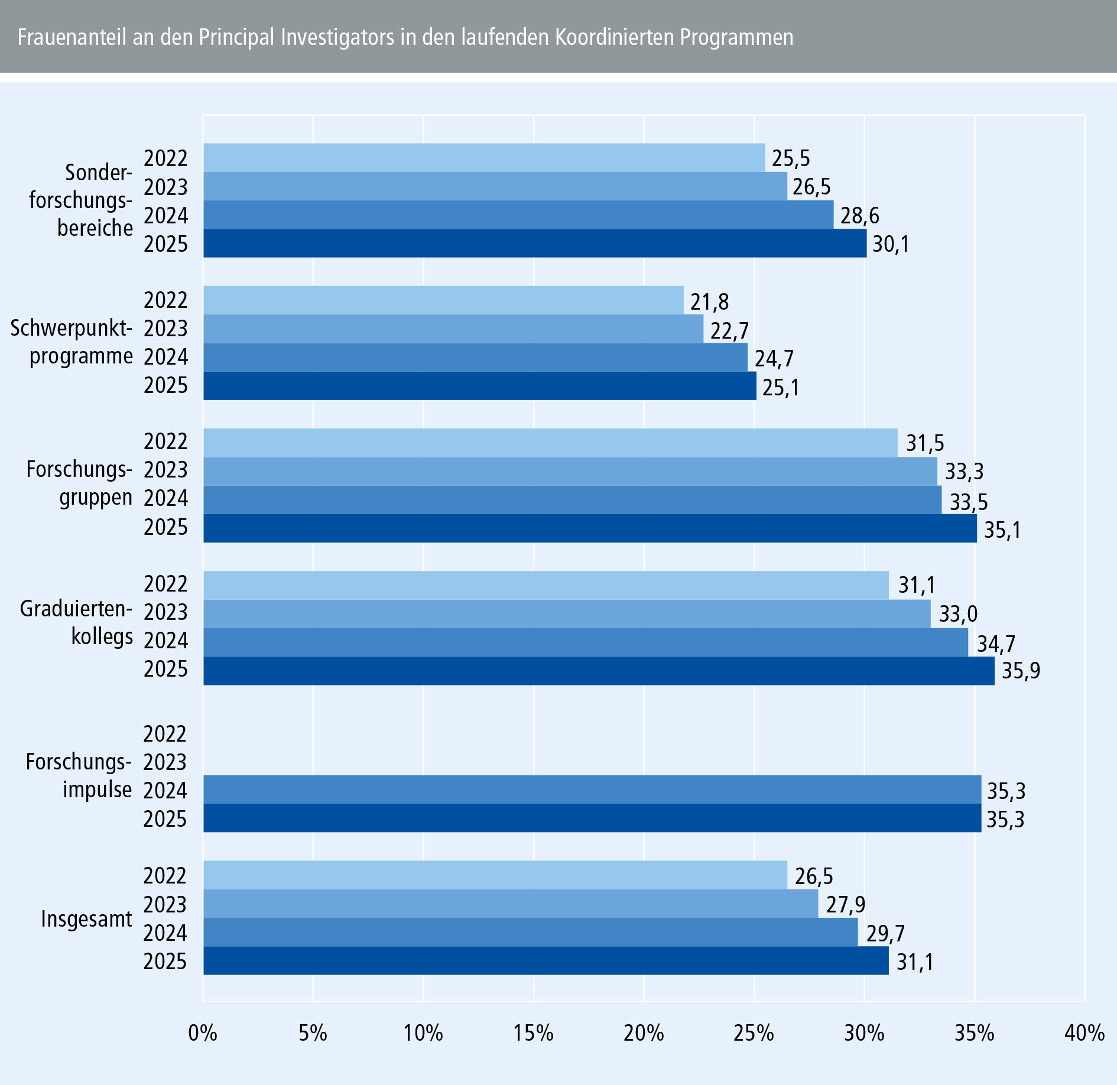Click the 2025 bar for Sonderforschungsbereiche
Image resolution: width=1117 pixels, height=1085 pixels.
(535, 243)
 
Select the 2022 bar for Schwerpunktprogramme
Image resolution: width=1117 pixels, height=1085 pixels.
(443, 300)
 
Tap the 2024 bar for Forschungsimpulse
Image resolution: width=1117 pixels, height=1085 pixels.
(592, 790)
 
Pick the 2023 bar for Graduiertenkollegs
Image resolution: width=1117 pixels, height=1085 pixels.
(567, 614)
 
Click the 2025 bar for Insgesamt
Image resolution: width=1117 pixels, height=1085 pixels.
(546, 961)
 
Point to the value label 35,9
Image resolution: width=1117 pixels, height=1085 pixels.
(1021, 671)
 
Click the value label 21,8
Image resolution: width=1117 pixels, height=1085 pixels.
(709, 302)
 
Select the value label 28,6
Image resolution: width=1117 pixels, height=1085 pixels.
(860, 216)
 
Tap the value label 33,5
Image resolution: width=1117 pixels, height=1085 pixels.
(969, 502)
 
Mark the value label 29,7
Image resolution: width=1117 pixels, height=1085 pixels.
(885, 933)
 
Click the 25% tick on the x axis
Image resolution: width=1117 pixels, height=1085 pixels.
(754, 1033)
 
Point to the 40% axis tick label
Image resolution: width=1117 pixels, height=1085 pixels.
(1084, 1033)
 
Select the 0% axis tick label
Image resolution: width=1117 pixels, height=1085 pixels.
(203, 1033)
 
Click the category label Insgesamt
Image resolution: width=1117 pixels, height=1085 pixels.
(86, 919)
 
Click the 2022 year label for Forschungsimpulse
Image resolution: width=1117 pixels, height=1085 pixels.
(165, 734)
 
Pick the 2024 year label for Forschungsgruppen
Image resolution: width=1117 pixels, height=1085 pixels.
(166, 498)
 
